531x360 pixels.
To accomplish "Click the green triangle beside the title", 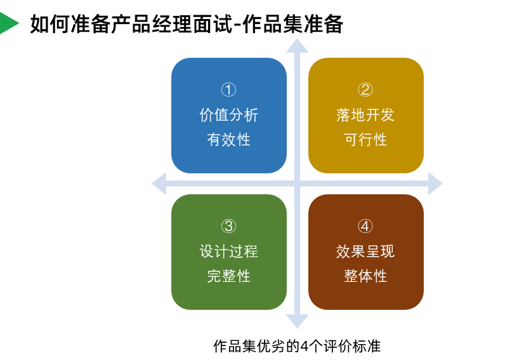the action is tap(8, 23).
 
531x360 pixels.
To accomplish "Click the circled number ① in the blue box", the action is tap(228, 90).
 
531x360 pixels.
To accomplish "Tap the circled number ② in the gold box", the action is tap(365, 90).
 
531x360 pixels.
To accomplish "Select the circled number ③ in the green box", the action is tap(228, 226).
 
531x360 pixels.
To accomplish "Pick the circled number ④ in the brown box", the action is tap(365, 226).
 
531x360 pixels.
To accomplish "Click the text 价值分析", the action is tap(228, 115).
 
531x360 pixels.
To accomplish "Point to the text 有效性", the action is tap(228, 140).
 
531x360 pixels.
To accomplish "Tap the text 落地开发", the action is tap(365, 115).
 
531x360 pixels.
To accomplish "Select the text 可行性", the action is tap(365, 140).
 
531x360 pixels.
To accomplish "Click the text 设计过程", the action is tap(228, 251).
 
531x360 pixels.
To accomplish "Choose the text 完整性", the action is tap(228, 276).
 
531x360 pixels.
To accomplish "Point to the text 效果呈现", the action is tap(365, 251).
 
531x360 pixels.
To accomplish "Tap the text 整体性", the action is tap(365, 276).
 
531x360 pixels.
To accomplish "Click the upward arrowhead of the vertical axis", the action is tap(297, 46).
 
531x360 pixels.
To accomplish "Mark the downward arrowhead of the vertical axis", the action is tap(297, 321).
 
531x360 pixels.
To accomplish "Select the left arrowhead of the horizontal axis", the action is tap(159, 183).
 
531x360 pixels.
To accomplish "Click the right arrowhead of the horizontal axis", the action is tap(435, 183).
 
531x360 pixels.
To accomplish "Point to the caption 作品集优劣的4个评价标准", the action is tap(297, 346).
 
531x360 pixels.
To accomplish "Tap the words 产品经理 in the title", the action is tap(141, 24).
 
